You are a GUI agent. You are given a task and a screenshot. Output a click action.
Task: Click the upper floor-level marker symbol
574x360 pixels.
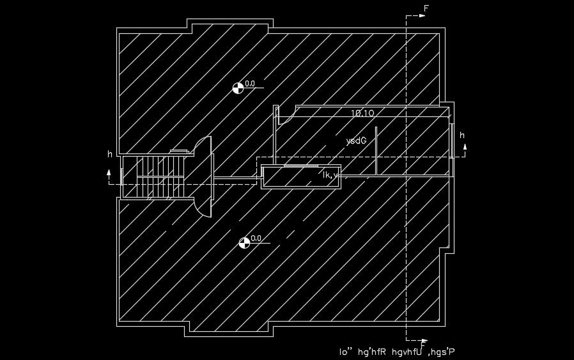(238, 88)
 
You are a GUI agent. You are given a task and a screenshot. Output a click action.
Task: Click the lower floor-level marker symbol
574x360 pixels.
(244, 242)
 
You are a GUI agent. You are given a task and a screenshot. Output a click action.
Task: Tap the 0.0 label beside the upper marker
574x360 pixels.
(250, 84)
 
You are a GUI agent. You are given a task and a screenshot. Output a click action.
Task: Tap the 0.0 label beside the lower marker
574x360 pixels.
(256, 239)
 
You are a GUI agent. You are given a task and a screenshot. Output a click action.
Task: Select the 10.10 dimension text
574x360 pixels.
(362, 113)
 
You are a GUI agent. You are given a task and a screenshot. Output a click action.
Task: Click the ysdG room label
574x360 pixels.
(355, 140)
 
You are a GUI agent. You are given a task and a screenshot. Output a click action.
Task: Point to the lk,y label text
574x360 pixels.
(330, 175)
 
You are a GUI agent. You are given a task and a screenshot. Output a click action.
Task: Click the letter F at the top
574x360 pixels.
(426, 8)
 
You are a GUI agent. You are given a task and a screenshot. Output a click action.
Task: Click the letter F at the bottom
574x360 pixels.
(423, 346)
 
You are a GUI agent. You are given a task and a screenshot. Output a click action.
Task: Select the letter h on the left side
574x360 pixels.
(110, 154)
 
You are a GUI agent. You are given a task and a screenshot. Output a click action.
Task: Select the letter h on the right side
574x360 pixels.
(462, 136)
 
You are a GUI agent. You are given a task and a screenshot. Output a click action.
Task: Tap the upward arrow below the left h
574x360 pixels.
(109, 173)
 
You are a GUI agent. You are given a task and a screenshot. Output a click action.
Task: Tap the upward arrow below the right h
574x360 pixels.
(465, 148)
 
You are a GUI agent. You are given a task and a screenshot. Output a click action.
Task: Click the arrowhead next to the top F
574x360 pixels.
(423, 17)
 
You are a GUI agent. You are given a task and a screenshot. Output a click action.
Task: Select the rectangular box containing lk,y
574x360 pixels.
(300, 176)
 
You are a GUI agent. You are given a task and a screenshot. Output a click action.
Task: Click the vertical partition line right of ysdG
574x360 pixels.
(376, 150)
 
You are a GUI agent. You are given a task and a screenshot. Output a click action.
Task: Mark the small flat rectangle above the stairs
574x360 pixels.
(179, 151)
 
